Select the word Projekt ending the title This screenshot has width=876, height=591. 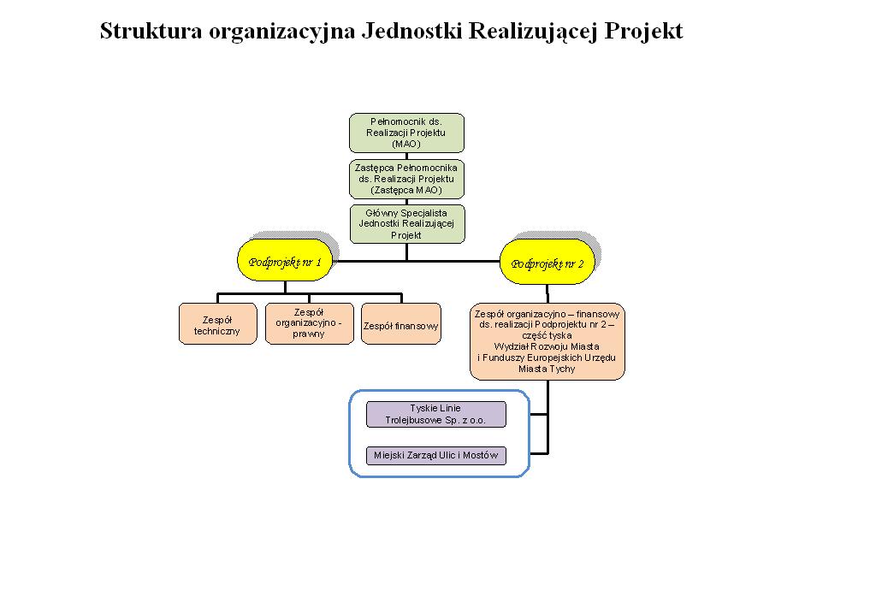tap(643, 32)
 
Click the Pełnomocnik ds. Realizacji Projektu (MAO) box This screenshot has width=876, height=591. tap(406, 133)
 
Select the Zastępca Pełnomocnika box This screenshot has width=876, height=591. tap(406, 180)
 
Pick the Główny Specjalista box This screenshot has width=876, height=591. tap(407, 224)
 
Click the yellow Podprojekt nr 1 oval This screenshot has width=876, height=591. tap(285, 260)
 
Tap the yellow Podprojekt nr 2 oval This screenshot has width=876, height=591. tap(547, 262)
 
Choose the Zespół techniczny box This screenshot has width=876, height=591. tap(218, 323)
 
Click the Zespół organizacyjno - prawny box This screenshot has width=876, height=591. tap(310, 323)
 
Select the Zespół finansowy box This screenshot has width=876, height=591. tap(401, 323)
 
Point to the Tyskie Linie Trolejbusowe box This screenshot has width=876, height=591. tap(436, 415)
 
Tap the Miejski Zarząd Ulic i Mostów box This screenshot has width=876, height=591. tap(436, 455)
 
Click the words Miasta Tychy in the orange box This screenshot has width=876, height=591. tap(547, 369)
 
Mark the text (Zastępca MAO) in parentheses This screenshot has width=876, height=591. tap(406, 190)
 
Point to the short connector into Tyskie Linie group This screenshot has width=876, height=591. tap(539, 415)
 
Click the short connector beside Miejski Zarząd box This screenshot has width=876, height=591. tap(539, 453)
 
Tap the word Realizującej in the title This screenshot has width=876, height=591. tap(534, 32)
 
